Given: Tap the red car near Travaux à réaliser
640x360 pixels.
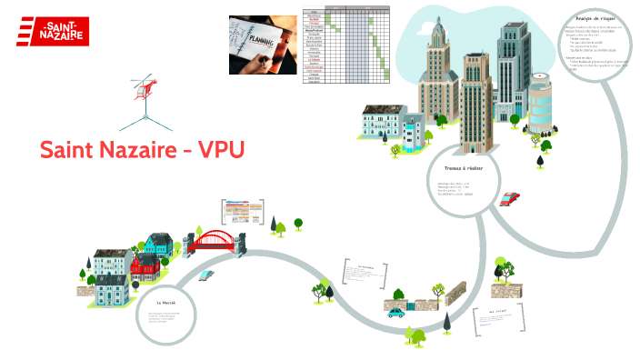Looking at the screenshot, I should [x=510, y=197].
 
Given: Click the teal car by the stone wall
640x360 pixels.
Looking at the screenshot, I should [x=395, y=311].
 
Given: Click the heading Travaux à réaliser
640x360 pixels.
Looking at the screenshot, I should [x=464, y=169].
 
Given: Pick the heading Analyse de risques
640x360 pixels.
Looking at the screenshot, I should [x=595, y=19].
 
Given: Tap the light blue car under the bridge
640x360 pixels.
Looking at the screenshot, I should [x=206, y=274].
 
